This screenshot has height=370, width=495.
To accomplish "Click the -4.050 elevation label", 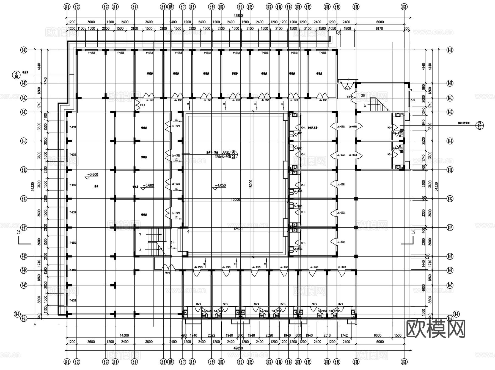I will pos(220,185).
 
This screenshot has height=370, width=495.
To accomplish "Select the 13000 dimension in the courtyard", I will pos(235,200).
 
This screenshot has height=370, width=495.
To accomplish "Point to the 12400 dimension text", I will pos(238,229).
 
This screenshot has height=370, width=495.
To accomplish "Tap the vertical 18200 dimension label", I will pos(251,184).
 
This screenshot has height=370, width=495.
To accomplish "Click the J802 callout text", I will pos(225,152).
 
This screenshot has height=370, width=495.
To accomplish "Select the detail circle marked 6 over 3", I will pos(233,154).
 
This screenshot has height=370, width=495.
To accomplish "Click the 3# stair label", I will pos(363,95).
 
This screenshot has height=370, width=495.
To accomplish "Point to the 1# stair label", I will pos(173,242).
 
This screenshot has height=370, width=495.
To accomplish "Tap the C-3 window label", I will pos(413,101).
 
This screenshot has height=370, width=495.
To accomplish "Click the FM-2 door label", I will pos(167,273).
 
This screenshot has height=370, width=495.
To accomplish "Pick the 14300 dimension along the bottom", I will pos(124,335).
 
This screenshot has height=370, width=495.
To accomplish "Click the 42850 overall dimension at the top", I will pos(238,16).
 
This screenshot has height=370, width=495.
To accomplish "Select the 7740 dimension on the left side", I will pos(45,81).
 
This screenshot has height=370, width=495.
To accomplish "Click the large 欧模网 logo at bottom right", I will pos(436,329).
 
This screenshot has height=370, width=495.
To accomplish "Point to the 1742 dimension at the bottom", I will pos(344,335).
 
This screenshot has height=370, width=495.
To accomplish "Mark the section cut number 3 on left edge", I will pos(19,232).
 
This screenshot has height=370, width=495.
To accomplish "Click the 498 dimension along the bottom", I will pos(184,335).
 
